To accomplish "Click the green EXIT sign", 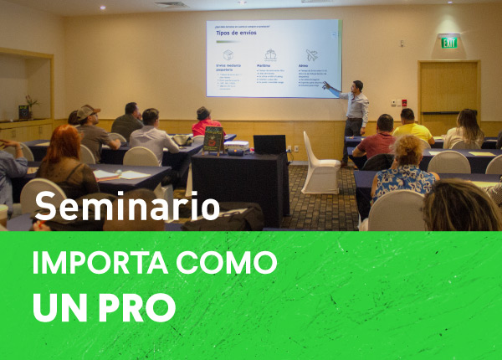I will [450, 42].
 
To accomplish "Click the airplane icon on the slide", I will [312, 55].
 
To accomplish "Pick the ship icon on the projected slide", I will [270, 55].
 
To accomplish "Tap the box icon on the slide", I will [228, 55].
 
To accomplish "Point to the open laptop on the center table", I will [269, 144].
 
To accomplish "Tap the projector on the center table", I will [237, 146].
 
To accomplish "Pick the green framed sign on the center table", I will [213, 139].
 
